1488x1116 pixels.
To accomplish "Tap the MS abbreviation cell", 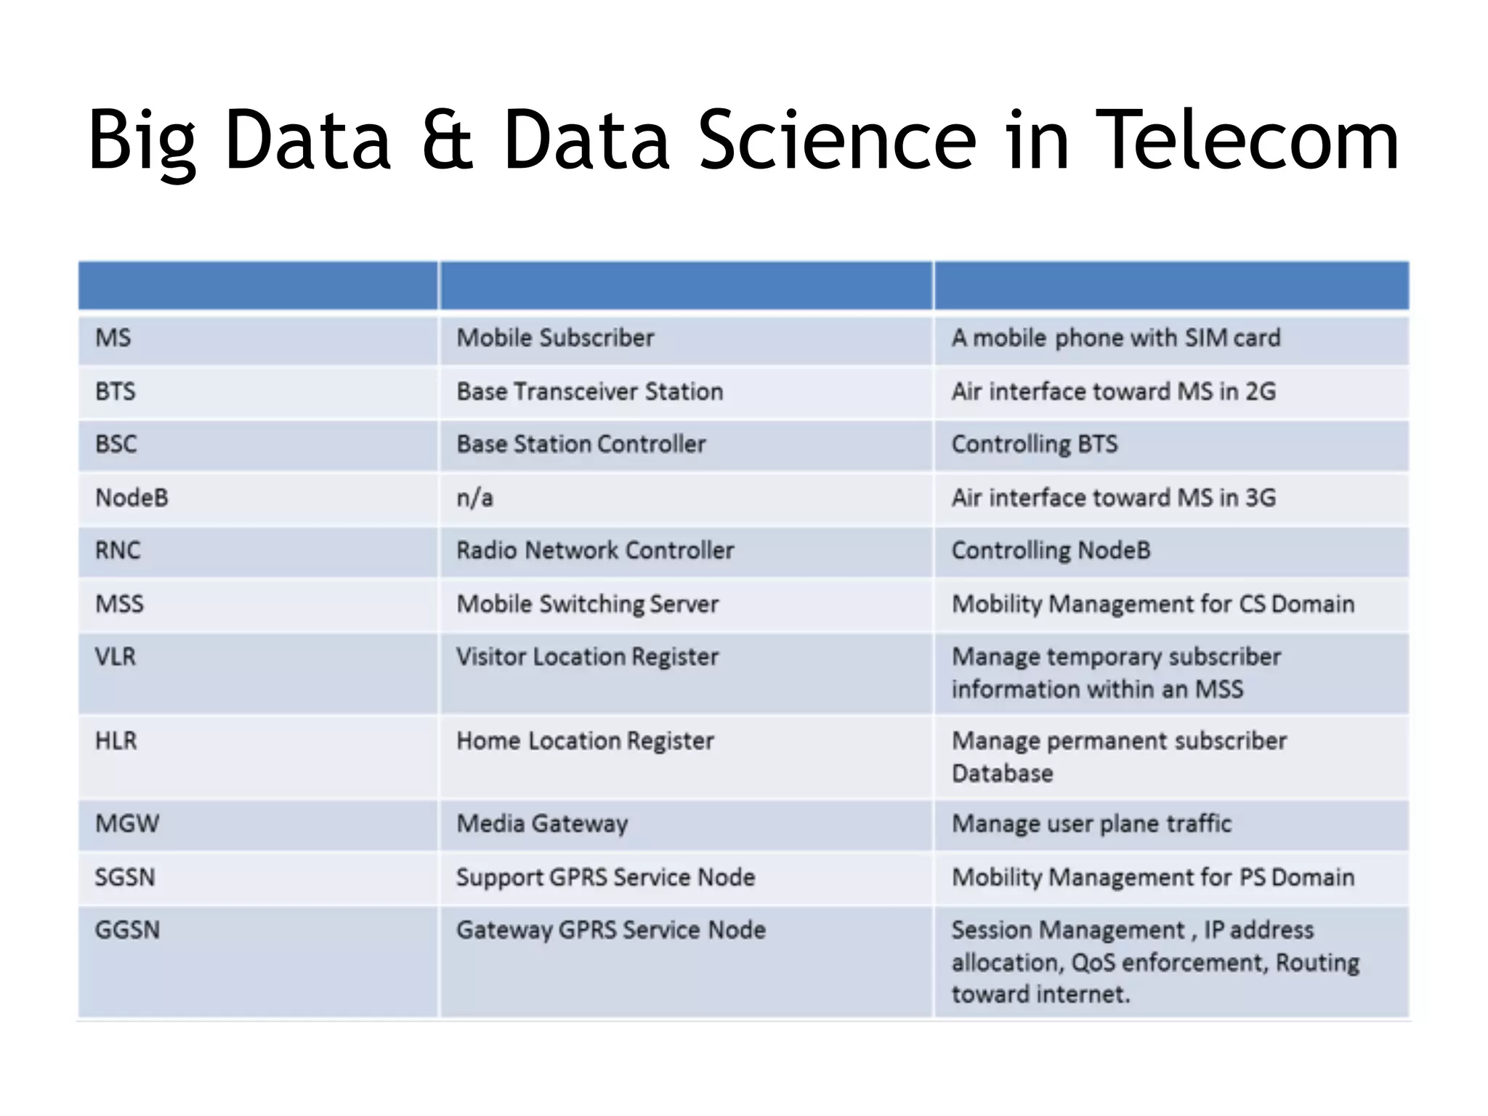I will tap(113, 338).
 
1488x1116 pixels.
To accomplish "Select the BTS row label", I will tap(116, 392).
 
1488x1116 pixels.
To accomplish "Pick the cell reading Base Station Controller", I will tap(581, 444).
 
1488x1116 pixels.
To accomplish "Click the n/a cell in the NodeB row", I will tap(474, 498).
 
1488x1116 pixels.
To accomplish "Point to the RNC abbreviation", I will tap(118, 551).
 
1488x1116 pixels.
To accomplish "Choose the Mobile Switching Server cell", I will tap(587, 604).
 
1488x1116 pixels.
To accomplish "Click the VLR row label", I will tap(116, 657).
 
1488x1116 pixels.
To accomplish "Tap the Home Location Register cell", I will tap(585, 741).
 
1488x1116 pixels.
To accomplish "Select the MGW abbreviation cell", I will tap(127, 824).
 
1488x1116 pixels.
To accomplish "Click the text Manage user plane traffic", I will tap(1091, 824).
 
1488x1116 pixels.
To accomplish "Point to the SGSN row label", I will tap(125, 878).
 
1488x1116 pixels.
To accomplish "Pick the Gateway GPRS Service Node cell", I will tap(610, 930).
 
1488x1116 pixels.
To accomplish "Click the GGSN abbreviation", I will tap(127, 930).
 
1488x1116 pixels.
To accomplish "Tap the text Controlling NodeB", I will tap(1051, 551).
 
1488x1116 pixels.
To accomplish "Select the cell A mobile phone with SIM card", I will tap(1116, 338).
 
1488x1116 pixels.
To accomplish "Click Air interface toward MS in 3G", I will tap(1113, 498).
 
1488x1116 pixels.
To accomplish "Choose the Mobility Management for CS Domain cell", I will tap(1153, 604).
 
